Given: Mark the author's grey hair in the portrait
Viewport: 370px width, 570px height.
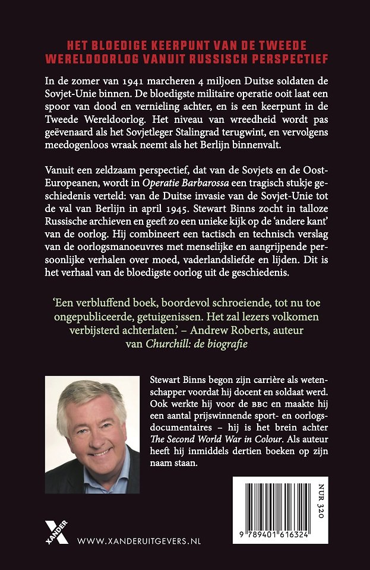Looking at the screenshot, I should [89, 398].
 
